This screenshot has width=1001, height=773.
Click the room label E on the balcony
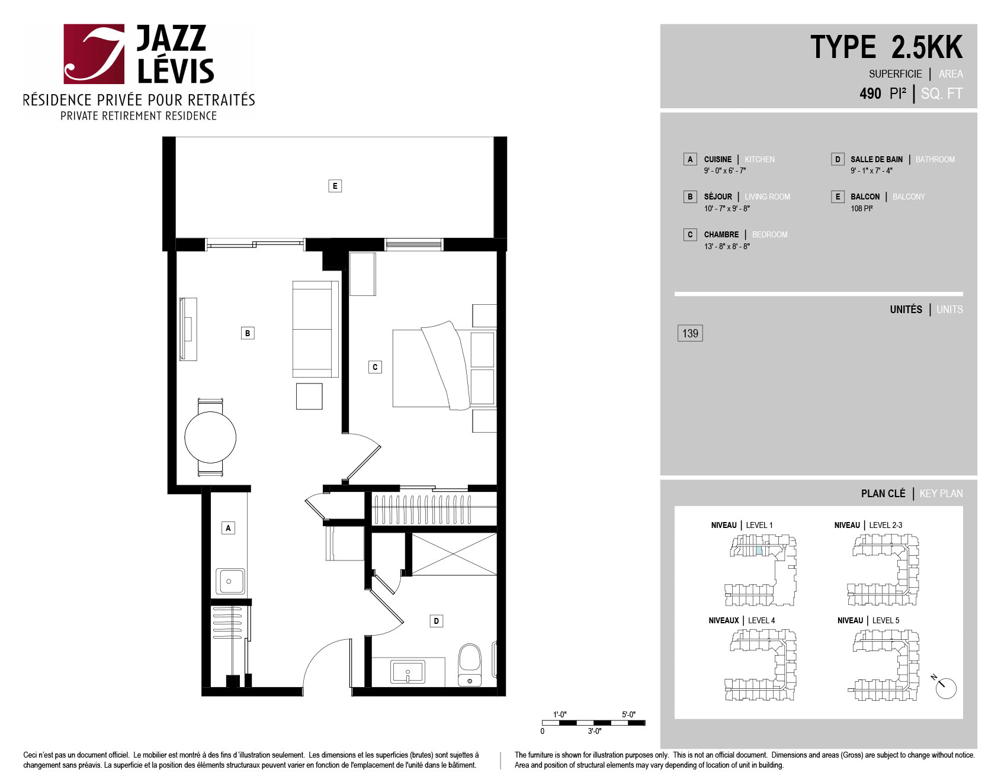(335, 186)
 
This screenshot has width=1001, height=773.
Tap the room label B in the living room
(248, 333)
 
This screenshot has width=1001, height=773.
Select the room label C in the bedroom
(375, 367)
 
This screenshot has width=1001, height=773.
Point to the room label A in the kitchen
(228, 528)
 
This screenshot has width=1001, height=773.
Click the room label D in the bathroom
(437, 621)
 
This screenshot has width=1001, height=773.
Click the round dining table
(210, 437)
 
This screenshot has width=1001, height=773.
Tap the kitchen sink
(230, 581)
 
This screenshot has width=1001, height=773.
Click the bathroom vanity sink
(408, 672)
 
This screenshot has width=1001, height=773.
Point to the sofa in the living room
(316, 329)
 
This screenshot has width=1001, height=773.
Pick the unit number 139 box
(690, 333)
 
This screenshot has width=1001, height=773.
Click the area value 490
(870, 94)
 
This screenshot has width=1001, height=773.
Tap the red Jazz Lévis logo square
(94, 54)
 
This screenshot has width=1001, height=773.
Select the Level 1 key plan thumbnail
(761, 570)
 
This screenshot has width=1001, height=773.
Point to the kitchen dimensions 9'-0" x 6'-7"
(724, 171)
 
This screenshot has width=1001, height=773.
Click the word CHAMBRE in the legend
(721, 234)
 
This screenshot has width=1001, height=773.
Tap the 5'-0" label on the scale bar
(628, 714)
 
